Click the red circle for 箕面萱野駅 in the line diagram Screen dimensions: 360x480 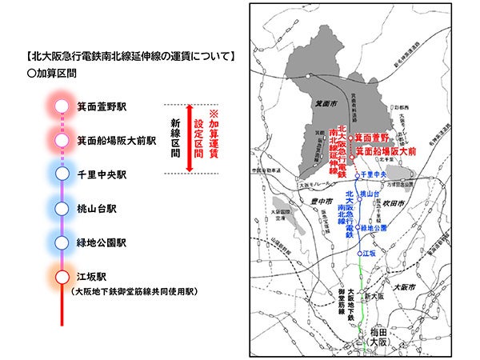(x=62, y=105)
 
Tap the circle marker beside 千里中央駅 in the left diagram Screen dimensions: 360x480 (x=62, y=174)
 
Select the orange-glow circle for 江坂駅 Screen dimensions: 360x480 (x=62, y=276)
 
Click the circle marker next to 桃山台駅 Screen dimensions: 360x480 (x=62, y=208)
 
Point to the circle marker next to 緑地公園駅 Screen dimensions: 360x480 (x=62, y=242)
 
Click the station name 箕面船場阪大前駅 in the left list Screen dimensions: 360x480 (x=117, y=140)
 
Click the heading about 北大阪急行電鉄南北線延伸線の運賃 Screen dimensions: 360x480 (x=130, y=57)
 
